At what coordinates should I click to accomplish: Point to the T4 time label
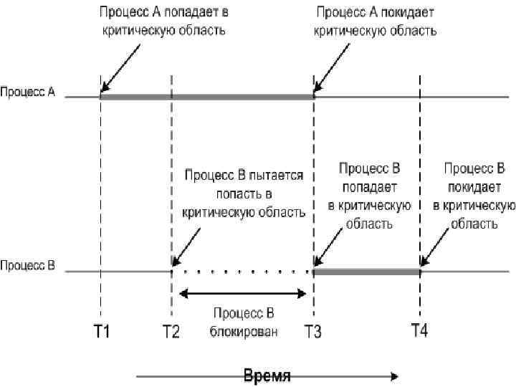coord(420,330)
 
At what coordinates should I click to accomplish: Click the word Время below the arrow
coord(267,377)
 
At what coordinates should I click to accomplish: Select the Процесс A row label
coord(28,92)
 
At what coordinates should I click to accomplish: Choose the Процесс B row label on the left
coord(28,267)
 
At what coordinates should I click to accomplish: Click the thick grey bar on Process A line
coord(208,96)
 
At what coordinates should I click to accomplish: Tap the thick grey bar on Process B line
coord(366,272)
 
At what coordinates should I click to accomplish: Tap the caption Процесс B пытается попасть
coord(244,193)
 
